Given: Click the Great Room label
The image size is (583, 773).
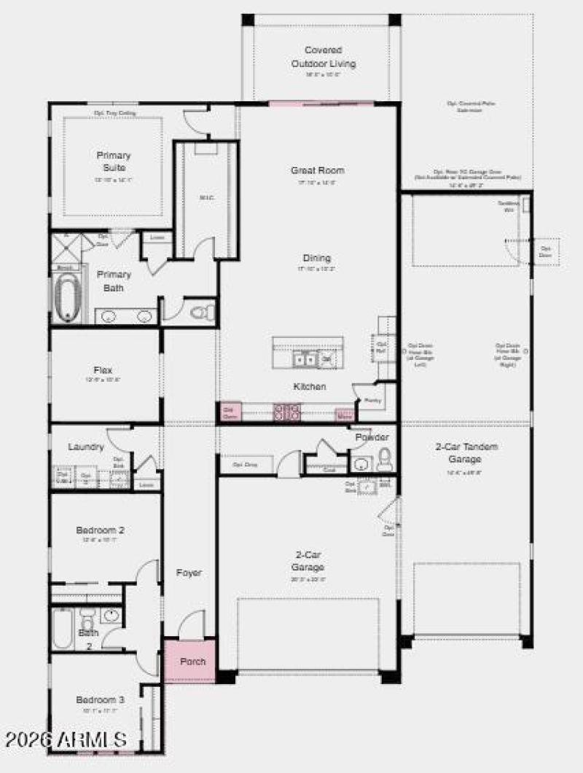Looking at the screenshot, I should point(317,170).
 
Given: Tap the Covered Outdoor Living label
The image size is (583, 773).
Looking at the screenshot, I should point(324,57).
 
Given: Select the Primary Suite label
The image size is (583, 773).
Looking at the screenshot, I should point(113,161).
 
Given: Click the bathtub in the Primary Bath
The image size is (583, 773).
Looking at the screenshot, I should point(66,297).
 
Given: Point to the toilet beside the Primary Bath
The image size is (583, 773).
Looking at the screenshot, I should point(200,313).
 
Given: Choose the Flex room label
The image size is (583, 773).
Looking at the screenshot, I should point(103,370).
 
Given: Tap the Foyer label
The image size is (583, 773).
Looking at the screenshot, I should point(189,573).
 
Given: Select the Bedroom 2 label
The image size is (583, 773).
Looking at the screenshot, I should point(100,530).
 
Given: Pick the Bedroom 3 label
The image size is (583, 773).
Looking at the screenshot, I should point(100,699).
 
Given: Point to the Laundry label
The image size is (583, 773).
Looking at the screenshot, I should point(85,447).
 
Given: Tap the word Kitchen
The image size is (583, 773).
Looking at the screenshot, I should point(309,386).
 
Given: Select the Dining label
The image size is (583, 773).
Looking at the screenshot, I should point(317,258).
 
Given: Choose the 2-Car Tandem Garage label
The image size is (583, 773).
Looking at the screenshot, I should point(466,452).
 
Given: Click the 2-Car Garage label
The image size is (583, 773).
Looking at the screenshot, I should point(309,560).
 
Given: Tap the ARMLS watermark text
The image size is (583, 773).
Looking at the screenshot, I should point(66,740).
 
